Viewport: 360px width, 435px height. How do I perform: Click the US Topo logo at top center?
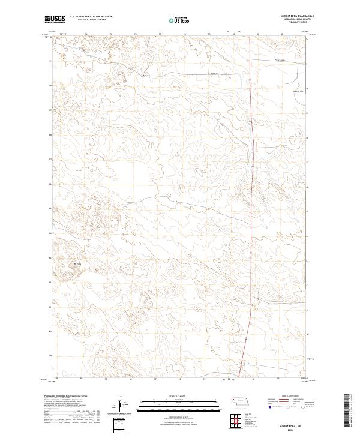(x=173, y=20)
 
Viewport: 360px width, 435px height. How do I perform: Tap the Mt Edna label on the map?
(x=76, y=265)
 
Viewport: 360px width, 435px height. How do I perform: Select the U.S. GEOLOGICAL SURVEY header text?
(x=89, y=20)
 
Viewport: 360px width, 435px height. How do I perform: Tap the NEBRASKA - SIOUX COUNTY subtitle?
(x=294, y=20)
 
